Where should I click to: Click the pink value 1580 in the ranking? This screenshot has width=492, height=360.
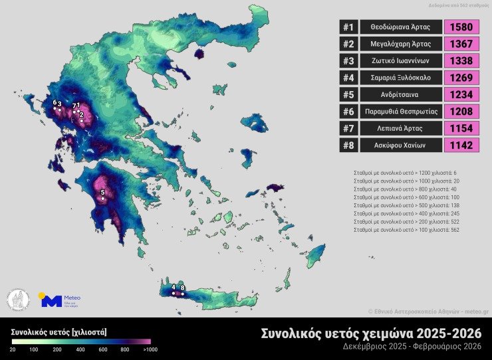coord(461,27)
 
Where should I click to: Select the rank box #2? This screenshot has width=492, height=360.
coord(348,45)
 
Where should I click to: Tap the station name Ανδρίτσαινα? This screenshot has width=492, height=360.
coord(400,95)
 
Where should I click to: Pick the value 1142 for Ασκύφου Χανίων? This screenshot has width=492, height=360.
coord(461,145)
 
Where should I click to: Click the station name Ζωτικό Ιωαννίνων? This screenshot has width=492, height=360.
coord(400,61)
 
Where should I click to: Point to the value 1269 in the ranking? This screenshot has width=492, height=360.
coord(461,78)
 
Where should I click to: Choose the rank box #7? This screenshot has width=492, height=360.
coord(348,128)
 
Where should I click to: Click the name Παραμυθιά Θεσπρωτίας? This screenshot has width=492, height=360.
coord(400,112)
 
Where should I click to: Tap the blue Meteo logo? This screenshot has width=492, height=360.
coord(52,301)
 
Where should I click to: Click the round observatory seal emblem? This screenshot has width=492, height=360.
coord(18,301)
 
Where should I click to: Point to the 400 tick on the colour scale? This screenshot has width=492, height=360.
coord(80,349)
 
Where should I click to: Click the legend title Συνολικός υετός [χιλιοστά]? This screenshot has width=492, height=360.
coord(59,331)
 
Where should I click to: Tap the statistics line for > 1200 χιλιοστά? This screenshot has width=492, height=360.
coord(406,173)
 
